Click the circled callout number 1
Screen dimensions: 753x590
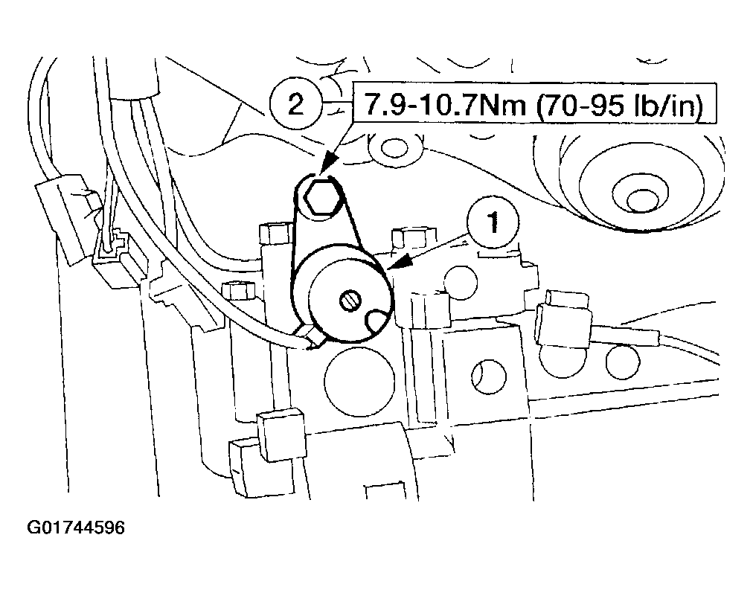click(x=493, y=222)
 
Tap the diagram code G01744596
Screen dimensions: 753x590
click(x=75, y=528)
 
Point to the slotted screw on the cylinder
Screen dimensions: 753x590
click(x=349, y=301)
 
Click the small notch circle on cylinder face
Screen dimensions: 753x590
click(x=378, y=323)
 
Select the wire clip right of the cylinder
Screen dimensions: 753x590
click(x=563, y=318)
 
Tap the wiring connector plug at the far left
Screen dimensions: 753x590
click(x=67, y=219)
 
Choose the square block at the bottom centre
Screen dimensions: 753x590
click(x=281, y=435)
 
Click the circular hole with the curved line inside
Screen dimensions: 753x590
click(x=488, y=375)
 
